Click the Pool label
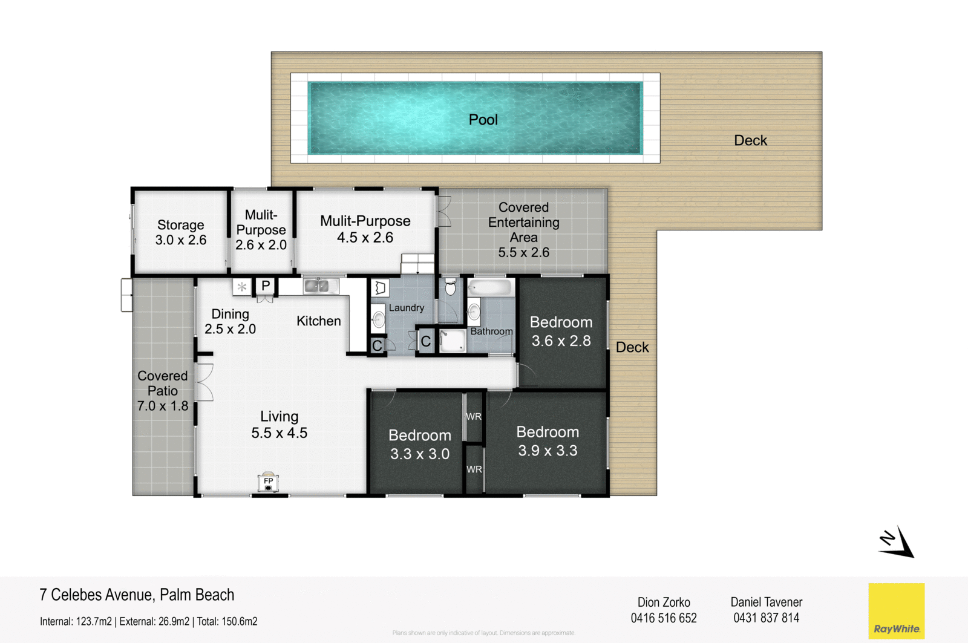[x=483, y=120]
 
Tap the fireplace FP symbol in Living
[x=268, y=483]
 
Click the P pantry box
[x=266, y=286]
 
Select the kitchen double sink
[x=321, y=286]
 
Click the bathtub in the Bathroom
[x=491, y=287]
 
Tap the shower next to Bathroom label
[x=453, y=341]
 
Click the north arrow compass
[x=897, y=542]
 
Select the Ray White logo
[x=896, y=611]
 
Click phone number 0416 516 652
[x=664, y=618]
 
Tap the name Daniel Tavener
[x=766, y=602]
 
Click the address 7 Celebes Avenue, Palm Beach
[x=137, y=595]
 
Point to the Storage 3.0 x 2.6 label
[x=181, y=232]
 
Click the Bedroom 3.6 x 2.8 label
[x=561, y=331]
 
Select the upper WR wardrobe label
[x=474, y=417]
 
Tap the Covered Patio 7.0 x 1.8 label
[x=162, y=391]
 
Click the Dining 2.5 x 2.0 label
[x=230, y=321]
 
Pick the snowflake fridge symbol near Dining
[x=242, y=287]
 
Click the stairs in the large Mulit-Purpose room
[x=417, y=264]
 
